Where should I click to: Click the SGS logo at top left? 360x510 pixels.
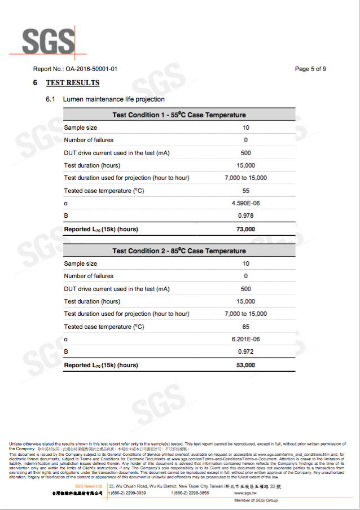tap(48, 41)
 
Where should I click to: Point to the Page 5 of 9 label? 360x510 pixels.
tap(310, 69)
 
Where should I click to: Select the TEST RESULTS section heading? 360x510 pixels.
tap(72, 83)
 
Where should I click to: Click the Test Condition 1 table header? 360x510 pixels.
tap(179, 115)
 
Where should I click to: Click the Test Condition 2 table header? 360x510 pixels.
tap(179, 251)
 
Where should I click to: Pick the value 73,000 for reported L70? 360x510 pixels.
tap(245, 229)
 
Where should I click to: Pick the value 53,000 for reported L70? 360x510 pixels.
tap(245, 365)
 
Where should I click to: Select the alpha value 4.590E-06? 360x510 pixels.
tap(245, 203)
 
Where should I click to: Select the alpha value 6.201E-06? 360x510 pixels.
tap(245, 339)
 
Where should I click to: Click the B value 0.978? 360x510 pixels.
tap(245, 216)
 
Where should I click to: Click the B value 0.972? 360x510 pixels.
tap(245, 352)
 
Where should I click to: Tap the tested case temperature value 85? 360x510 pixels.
tap(245, 327)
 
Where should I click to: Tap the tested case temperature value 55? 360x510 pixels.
tap(245, 191)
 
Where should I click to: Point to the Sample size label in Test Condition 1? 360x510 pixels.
tap(81, 128)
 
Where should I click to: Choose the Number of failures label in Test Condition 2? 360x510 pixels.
tap(89, 276)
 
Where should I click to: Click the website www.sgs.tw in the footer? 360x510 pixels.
tap(247, 493)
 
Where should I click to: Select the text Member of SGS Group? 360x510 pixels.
tap(256, 500)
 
